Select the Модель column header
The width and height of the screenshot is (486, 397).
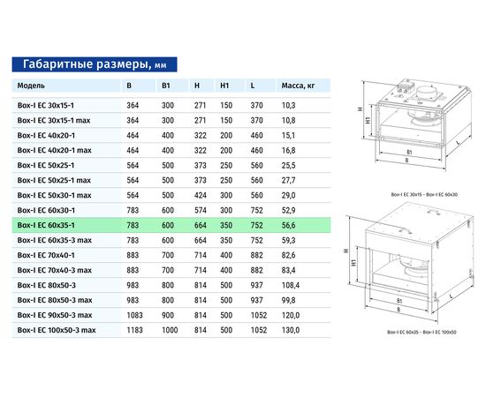(32, 86)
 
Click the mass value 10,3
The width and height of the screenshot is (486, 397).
(287, 104)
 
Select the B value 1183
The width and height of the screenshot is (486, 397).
(134, 329)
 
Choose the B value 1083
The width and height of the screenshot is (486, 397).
(134, 314)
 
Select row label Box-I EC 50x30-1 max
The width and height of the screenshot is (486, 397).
(55, 194)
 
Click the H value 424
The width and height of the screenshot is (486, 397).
(199, 194)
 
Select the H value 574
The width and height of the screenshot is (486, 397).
(199, 209)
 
